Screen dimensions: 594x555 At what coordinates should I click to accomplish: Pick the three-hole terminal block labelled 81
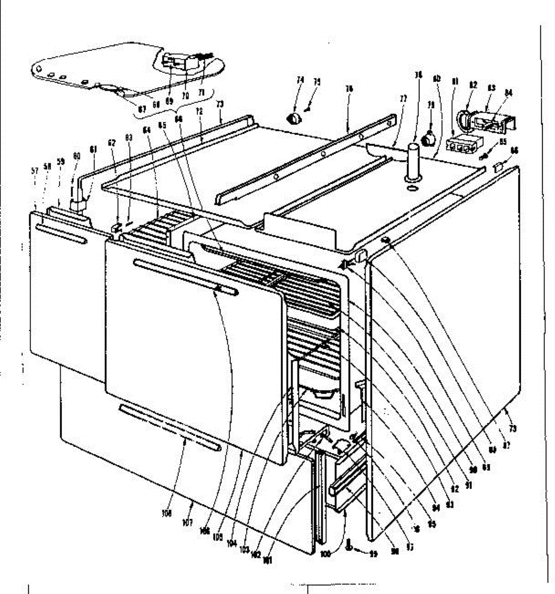point(458,145)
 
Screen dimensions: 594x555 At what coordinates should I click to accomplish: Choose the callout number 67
point(142,109)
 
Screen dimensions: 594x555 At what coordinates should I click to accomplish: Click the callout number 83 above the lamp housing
point(492,88)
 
